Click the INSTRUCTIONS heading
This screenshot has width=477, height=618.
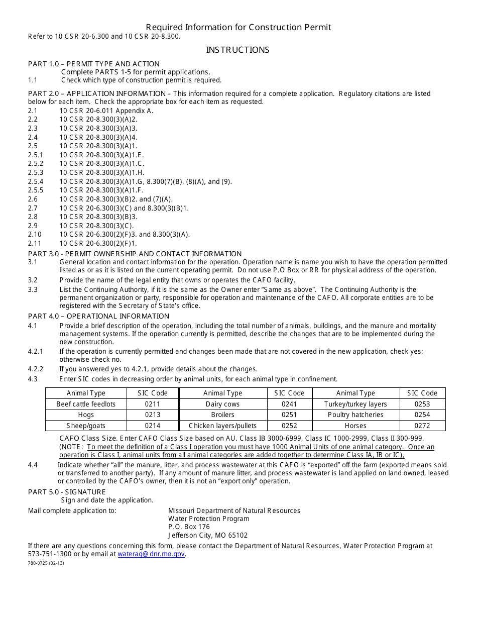click(237, 50)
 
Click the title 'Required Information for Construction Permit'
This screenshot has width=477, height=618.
click(238, 27)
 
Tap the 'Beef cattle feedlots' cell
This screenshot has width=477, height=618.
click(86, 404)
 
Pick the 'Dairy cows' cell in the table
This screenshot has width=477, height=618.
click(222, 404)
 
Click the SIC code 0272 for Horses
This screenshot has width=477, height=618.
click(422, 426)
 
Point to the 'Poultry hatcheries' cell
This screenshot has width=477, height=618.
click(355, 415)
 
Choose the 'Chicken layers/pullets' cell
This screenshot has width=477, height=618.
click(222, 426)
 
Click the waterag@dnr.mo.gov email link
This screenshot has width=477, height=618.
click(151, 554)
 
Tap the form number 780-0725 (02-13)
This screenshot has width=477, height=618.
click(46, 563)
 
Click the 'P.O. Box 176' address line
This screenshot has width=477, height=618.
click(189, 527)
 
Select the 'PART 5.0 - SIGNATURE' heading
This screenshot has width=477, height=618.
click(67, 492)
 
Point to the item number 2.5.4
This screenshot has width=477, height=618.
click(36, 181)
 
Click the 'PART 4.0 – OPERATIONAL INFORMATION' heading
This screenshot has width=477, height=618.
click(98, 316)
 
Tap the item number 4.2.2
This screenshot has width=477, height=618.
click(36, 369)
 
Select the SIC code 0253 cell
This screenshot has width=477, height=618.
click(422, 404)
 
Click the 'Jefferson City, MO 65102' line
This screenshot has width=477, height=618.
click(208, 536)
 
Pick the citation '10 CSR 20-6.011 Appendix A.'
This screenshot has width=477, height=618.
click(106, 111)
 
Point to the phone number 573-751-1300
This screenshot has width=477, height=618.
click(50, 554)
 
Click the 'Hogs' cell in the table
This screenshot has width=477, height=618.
click(86, 415)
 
